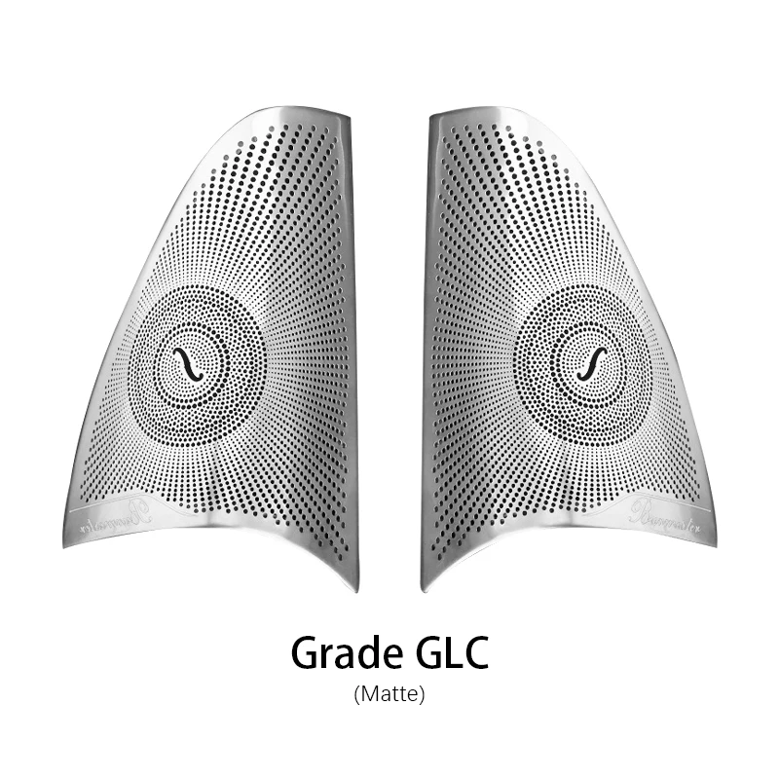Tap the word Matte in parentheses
tap(389, 695)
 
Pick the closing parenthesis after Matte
tap(423, 695)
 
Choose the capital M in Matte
tap(367, 695)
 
